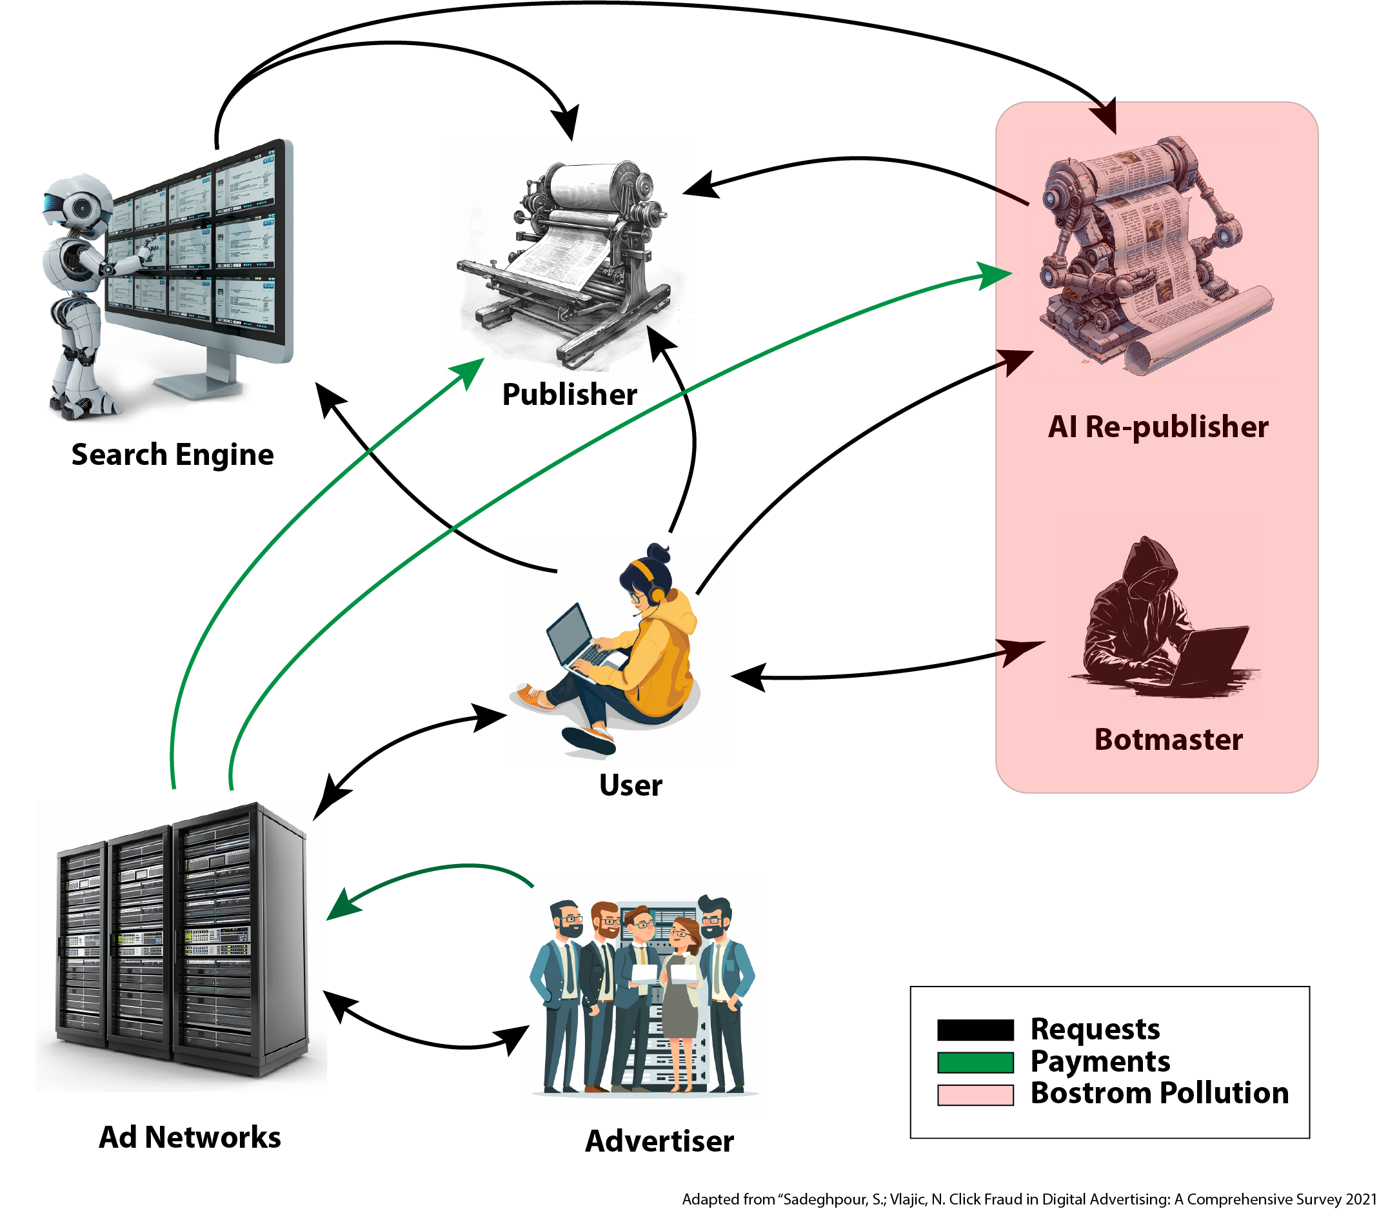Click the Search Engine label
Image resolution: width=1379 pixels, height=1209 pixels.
click(x=173, y=455)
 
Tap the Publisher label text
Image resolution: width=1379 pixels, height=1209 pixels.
click(x=570, y=395)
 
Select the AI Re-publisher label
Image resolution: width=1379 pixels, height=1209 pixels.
click(x=1158, y=427)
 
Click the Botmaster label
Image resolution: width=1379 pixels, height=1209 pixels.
click(x=1168, y=740)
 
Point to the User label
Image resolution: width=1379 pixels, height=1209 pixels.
click(x=630, y=785)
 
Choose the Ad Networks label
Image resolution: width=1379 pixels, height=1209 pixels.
click(x=190, y=1137)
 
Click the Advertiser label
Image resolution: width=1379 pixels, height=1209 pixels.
click(x=659, y=1141)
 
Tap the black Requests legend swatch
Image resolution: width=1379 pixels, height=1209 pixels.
click(x=975, y=1030)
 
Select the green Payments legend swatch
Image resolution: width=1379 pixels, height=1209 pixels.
click(x=975, y=1062)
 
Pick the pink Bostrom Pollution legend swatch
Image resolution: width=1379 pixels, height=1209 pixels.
click(x=975, y=1094)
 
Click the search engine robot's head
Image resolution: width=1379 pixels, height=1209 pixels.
click(x=77, y=206)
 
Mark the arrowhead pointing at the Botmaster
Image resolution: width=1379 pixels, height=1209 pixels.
click(x=1022, y=649)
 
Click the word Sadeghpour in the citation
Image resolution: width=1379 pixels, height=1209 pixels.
click(x=820, y=1199)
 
